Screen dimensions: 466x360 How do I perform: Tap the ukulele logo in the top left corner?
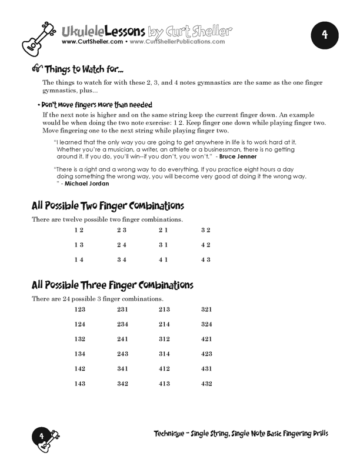[38, 34]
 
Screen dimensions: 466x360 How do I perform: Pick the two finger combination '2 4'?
[122, 244]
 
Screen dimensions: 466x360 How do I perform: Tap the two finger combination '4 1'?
[164, 259]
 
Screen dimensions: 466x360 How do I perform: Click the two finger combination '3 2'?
[205, 229]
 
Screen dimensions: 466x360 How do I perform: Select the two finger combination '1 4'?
[79, 259]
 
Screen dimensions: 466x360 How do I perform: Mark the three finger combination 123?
[80, 309]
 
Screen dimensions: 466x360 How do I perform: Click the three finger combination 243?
[122, 354]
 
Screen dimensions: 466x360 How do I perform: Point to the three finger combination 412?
[164, 368]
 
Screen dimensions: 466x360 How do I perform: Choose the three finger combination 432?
[206, 384]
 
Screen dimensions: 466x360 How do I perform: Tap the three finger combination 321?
[206, 309]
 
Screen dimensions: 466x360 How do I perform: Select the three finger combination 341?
[122, 368]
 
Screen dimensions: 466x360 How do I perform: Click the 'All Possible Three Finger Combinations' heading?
[112, 285]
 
